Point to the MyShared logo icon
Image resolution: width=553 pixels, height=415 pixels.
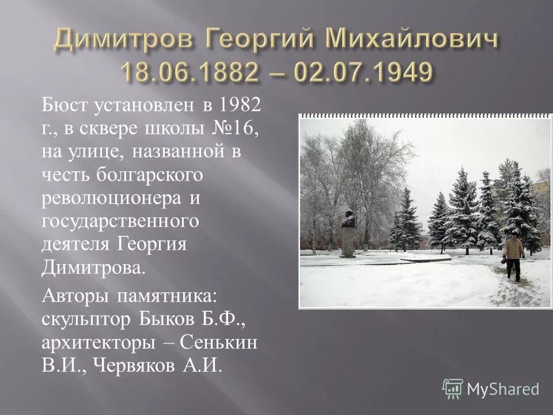tap(453, 388)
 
